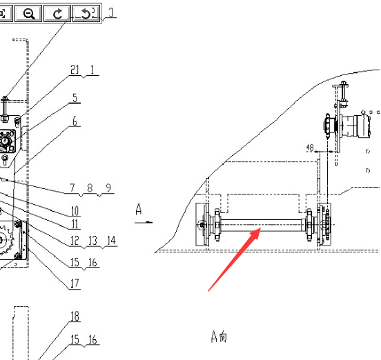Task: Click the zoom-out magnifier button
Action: (x=28, y=13)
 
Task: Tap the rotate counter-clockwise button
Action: (x=86, y=13)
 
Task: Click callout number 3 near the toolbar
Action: (x=111, y=12)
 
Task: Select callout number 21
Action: (x=75, y=70)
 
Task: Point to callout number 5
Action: (x=75, y=98)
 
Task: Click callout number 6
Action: (x=75, y=121)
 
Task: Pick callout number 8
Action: (x=90, y=188)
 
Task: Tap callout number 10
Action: (x=75, y=211)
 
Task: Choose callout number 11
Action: (x=75, y=224)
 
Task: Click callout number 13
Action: (x=92, y=241)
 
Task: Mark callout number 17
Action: (x=75, y=283)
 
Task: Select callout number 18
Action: (x=75, y=317)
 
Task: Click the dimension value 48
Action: (x=310, y=148)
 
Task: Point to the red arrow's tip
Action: (x=261, y=228)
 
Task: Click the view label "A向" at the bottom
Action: (x=219, y=337)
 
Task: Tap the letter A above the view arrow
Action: (x=139, y=209)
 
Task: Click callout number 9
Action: (x=108, y=188)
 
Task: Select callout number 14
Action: (x=111, y=241)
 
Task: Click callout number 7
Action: (x=72, y=188)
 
